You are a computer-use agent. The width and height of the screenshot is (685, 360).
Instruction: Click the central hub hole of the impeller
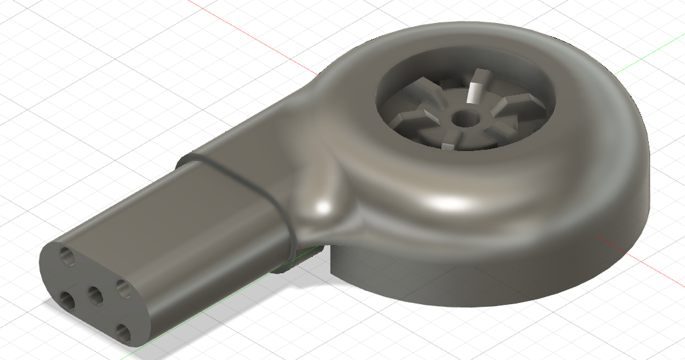[x=467, y=118]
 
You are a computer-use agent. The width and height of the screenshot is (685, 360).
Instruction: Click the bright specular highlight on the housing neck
[x=322, y=209]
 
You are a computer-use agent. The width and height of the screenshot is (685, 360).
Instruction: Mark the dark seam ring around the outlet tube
[x=243, y=181]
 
